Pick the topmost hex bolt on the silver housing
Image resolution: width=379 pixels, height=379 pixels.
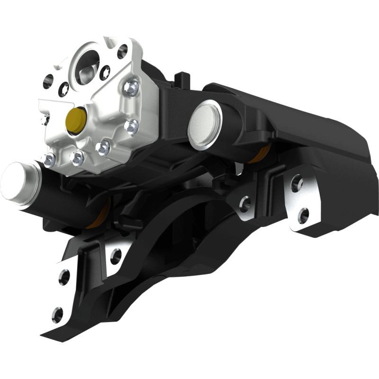point(132,86)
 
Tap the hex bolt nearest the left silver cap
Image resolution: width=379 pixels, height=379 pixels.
point(49,160)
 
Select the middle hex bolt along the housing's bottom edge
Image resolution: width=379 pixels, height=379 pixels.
point(76,157)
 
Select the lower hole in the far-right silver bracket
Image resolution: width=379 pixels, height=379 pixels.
point(304,216)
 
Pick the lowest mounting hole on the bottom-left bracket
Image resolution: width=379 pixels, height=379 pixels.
point(58,314)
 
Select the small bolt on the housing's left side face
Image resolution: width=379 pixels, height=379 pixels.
point(45,119)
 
